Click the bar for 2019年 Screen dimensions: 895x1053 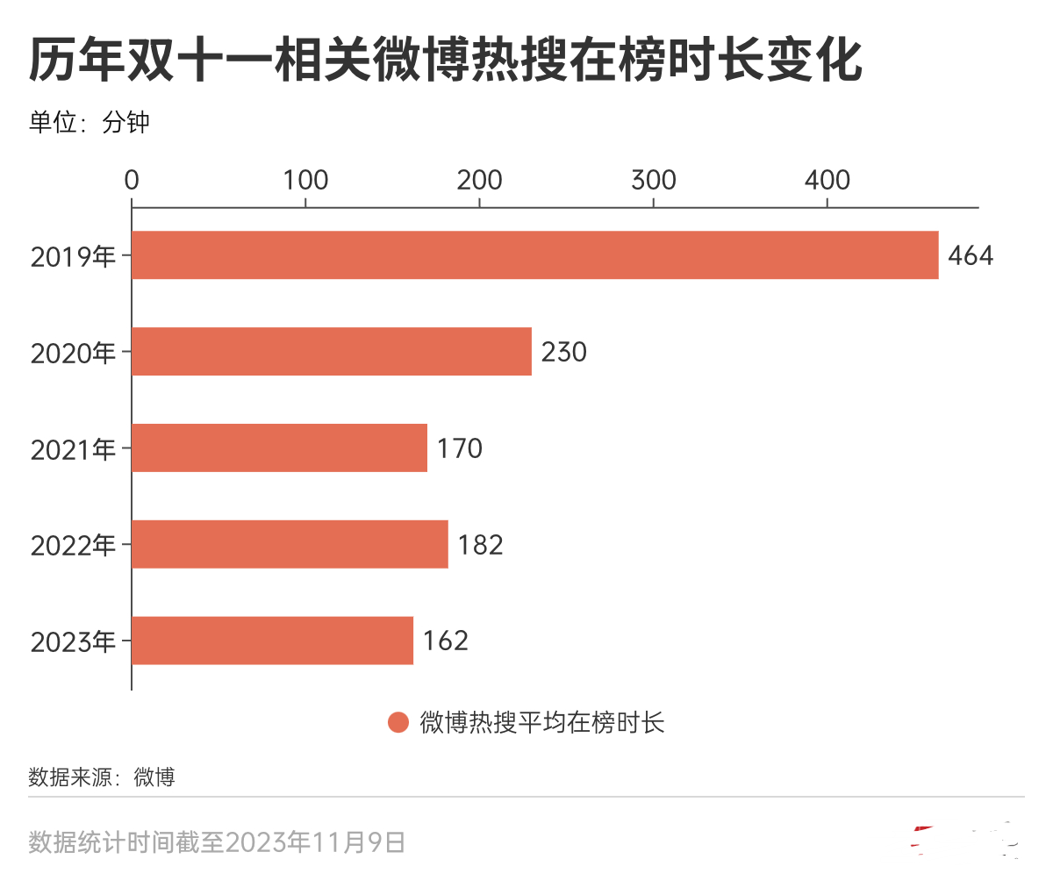point(534,255)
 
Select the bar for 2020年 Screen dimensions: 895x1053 point(332,352)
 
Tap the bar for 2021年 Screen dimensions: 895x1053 point(279,448)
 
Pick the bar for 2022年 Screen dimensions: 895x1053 point(290,545)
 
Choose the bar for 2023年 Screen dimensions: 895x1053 point(272,641)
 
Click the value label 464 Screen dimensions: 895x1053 point(971,256)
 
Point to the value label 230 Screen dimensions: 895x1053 point(563,352)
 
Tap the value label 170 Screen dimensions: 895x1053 point(459,448)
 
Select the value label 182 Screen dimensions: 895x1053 point(480,545)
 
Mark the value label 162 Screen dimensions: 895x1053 point(445,641)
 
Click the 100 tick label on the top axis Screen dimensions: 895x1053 point(305,180)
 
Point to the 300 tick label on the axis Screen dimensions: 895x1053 point(653,180)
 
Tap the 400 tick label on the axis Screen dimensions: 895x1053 point(827,180)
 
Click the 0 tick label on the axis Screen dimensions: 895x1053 point(132,180)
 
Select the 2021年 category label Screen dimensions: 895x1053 point(73,449)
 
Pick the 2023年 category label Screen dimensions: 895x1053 point(73,642)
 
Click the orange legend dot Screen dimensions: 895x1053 point(398,723)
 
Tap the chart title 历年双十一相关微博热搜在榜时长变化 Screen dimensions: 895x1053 point(445,61)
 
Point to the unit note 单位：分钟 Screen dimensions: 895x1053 point(89,122)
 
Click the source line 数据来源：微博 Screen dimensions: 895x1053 point(102,777)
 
